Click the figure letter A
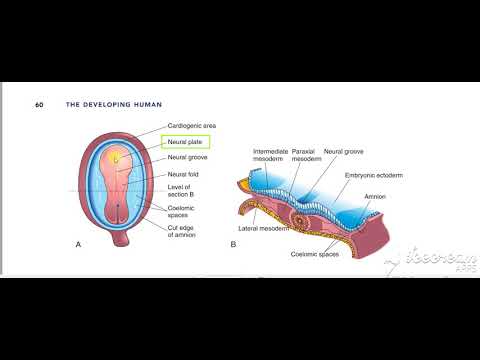pyautogui.click(x=78, y=243)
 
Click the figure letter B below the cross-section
pyautogui.click(x=232, y=243)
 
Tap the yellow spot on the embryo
pyautogui.click(x=116, y=158)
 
